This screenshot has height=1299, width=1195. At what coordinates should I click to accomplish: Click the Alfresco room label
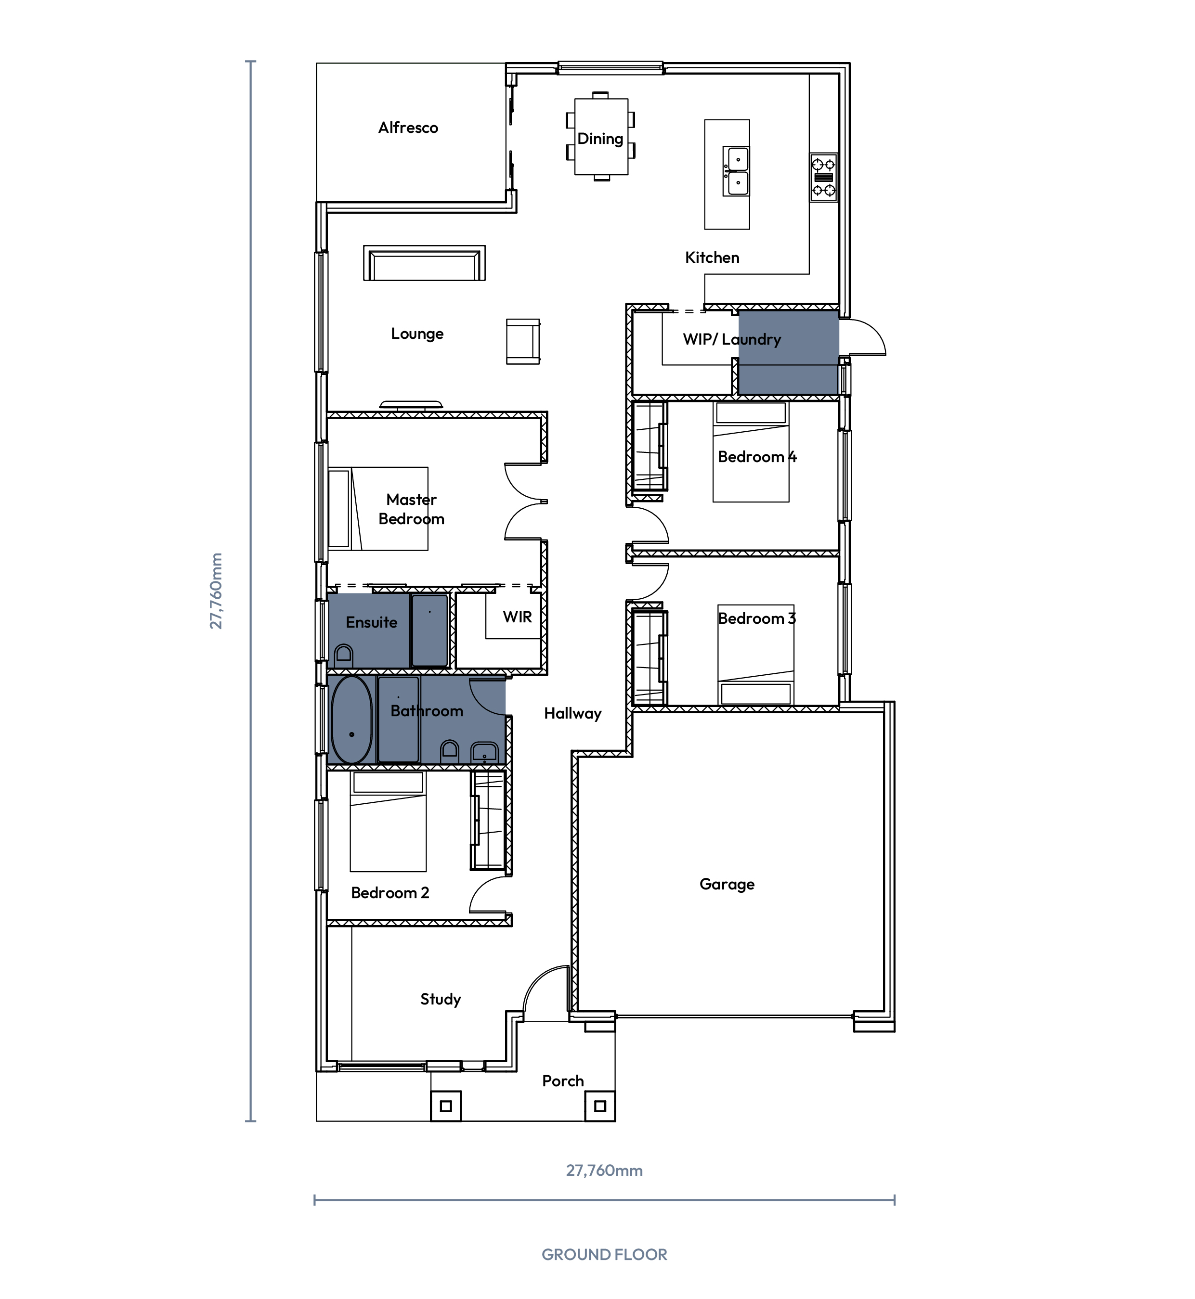point(408,128)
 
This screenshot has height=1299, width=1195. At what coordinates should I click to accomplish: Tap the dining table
point(601,136)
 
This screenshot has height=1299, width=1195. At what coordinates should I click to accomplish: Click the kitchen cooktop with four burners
point(823,177)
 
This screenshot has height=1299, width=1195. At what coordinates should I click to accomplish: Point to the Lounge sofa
point(424,263)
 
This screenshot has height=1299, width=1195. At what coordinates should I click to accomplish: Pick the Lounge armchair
point(523,341)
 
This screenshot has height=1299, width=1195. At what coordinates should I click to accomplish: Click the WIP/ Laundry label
point(732,339)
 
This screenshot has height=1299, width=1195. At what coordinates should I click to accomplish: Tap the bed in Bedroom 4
point(751,452)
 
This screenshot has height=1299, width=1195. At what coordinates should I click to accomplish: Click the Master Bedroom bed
point(378,509)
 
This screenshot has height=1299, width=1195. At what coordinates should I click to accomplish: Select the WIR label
point(517,617)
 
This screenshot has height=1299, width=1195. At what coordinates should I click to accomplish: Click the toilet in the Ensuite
point(343,656)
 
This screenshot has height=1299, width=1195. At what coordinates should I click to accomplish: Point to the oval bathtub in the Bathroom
point(352,720)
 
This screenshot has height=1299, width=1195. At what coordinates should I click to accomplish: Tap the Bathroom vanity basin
point(484,752)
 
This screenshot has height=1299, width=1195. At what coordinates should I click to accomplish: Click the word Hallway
point(573,713)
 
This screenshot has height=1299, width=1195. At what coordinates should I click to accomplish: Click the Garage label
point(727,884)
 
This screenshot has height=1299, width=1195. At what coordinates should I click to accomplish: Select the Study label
point(441,999)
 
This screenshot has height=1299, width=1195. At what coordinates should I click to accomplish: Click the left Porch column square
point(445,1106)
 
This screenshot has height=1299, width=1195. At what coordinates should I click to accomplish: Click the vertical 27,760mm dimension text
point(216,591)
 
